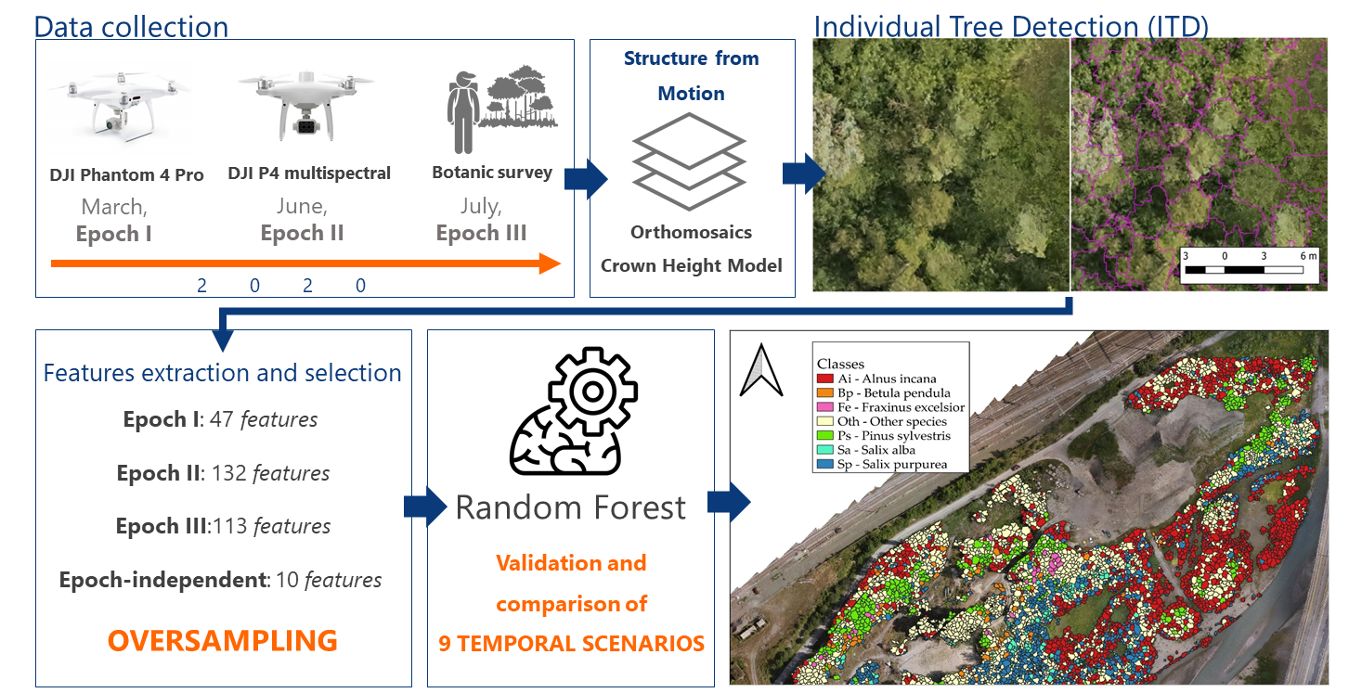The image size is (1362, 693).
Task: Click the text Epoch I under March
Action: click(113, 234)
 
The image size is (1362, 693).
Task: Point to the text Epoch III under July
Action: click(481, 234)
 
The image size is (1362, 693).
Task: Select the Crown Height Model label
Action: click(692, 266)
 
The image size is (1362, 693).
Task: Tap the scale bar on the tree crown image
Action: click(1249, 271)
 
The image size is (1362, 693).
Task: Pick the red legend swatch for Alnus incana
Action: click(824, 379)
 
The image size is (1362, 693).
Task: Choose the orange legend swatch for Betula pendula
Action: click(824, 393)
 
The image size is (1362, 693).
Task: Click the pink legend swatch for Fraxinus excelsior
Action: click(824, 407)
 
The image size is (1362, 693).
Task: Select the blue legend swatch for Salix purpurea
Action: click(824, 464)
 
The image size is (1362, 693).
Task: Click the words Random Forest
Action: click(570, 507)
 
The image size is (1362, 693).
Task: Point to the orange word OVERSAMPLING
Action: click(222, 641)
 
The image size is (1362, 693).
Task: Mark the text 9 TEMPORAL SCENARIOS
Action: click(571, 643)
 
